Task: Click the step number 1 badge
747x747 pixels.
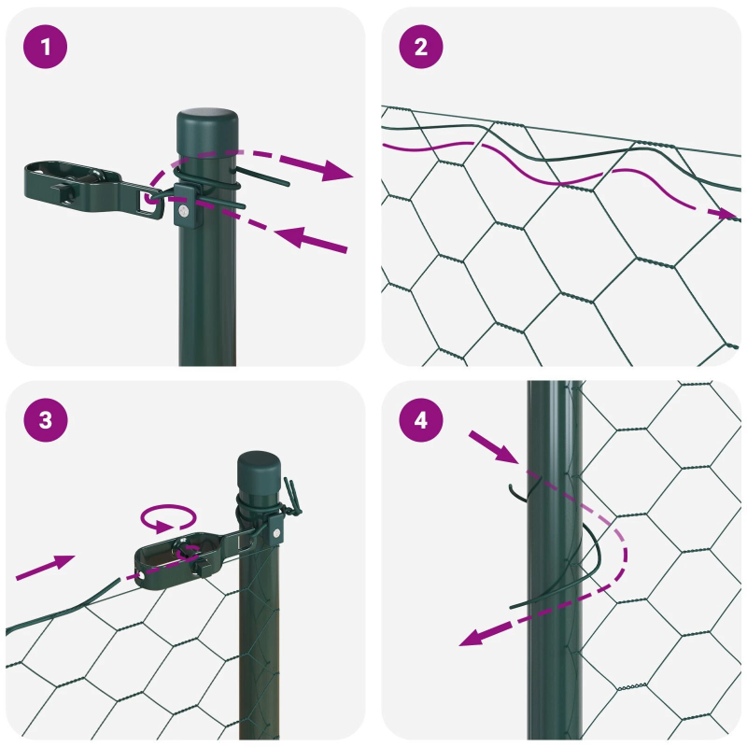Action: [x=46, y=47]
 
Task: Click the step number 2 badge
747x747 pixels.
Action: [x=420, y=47]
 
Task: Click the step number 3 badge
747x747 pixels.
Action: [x=46, y=420]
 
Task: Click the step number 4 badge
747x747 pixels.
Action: [x=420, y=420]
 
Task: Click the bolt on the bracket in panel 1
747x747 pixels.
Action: [x=184, y=213]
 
